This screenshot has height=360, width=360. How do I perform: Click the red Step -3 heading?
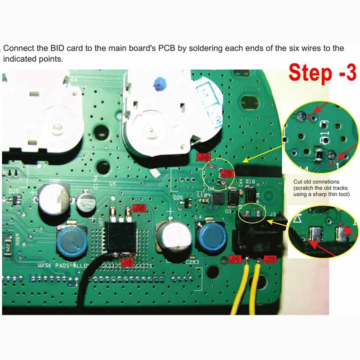[322, 72]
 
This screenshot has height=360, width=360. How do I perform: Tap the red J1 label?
[235, 259]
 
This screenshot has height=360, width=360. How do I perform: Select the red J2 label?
[270, 259]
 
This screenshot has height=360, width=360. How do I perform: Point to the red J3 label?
[228, 173]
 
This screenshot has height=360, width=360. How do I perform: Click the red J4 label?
[204, 157]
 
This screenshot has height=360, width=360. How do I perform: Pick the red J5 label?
[139, 208]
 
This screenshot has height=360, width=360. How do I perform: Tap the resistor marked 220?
[9, 246]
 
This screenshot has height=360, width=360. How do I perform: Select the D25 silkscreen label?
[13, 191]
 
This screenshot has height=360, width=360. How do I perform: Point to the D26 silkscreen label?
[178, 198]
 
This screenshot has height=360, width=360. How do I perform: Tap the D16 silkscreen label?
[250, 181]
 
